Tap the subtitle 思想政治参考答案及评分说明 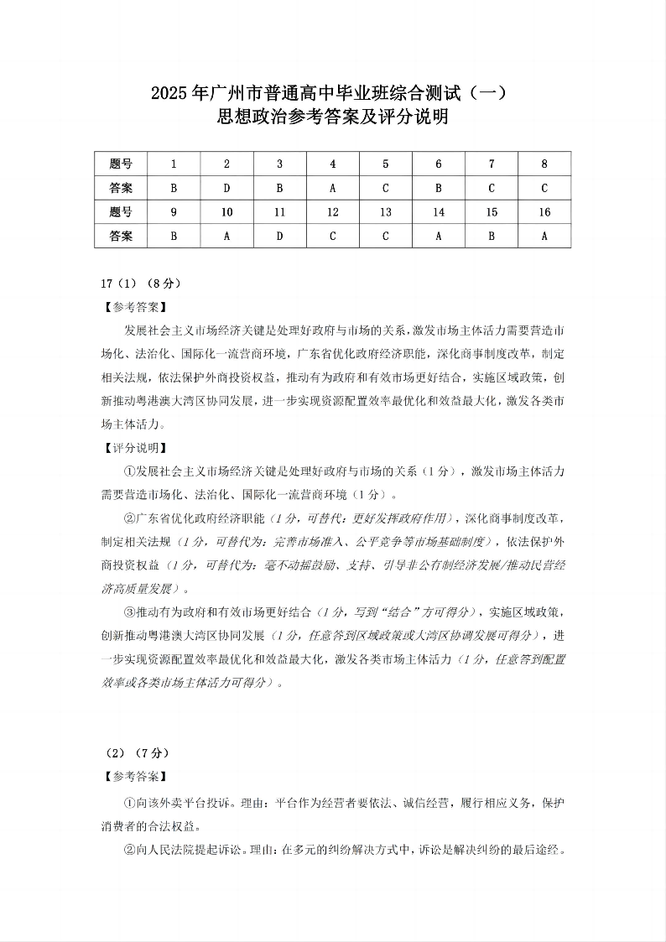click(x=332, y=117)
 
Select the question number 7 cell click(x=492, y=164)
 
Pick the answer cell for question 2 click(x=226, y=189)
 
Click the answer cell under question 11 click(x=279, y=237)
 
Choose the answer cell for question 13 click(x=385, y=237)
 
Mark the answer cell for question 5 click(x=385, y=189)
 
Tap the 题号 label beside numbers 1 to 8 click(x=121, y=164)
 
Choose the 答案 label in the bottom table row click(x=121, y=237)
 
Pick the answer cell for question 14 click(x=439, y=237)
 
